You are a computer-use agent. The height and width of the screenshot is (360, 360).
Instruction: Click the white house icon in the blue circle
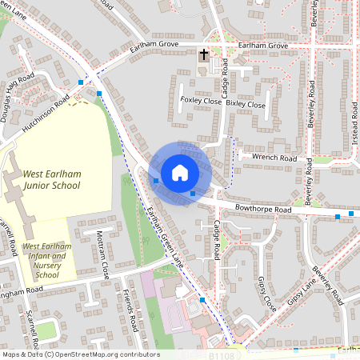tap(180, 172)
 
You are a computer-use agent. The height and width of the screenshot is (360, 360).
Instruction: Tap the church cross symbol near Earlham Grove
tap(203, 55)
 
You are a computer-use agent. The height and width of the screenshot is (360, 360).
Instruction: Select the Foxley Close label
tap(200, 101)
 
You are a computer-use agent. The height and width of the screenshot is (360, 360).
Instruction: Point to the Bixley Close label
tap(246, 105)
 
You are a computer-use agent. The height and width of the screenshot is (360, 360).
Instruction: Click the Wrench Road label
tap(274, 158)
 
